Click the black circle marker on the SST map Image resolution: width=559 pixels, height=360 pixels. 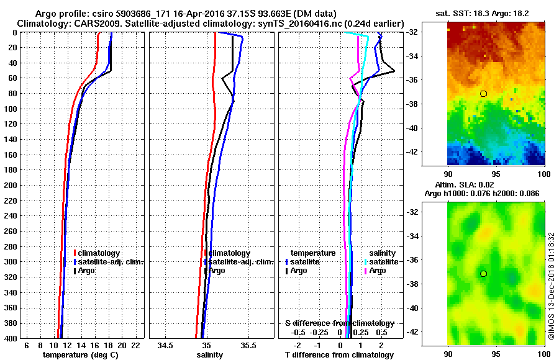[x=483, y=93]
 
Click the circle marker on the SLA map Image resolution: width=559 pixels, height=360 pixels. [x=483, y=273]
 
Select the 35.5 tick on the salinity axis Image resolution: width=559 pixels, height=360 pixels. [x=249, y=345]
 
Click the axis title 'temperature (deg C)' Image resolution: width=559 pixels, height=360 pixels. [x=80, y=354]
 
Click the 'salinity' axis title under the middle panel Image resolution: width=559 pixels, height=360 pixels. [x=210, y=354]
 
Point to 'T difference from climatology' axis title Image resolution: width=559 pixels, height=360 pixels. [x=339, y=354]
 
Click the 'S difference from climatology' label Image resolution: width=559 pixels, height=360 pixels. [x=339, y=323]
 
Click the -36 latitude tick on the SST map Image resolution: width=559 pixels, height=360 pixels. [x=433, y=80]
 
